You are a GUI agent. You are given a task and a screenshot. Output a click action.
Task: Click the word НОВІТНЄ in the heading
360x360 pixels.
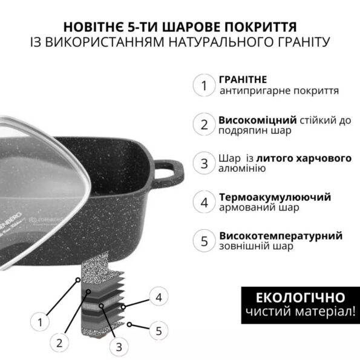click(93, 27)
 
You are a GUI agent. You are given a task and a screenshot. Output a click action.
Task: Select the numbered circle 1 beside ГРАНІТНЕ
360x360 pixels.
click(204, 85)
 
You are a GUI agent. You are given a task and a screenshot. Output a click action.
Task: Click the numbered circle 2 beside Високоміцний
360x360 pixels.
click(204, 124)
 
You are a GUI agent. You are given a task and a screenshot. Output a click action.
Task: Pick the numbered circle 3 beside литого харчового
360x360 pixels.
click(204, 163)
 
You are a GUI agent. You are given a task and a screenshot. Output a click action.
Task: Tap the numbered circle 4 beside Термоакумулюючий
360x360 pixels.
click(204, 202)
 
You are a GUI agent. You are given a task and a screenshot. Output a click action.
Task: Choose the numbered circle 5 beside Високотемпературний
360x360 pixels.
click(204, 241)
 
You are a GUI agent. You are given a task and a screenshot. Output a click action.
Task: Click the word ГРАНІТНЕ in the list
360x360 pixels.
click(243, 80)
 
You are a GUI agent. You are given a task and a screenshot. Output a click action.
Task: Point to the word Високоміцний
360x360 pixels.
click(258, 120)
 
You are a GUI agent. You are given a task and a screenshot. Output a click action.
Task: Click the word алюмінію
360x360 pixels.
click(242, 168)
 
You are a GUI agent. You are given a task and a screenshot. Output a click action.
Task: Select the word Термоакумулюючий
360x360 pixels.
click(275, 197)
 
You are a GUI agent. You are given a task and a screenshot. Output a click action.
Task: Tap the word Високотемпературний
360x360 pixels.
click(281, 236)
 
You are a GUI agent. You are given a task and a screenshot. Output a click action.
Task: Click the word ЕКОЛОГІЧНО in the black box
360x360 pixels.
click(300, 298)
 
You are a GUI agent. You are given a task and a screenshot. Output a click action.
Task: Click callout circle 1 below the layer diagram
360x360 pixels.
click(40, 322)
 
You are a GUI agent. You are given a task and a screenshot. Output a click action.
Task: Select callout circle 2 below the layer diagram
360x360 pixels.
click(59, 343)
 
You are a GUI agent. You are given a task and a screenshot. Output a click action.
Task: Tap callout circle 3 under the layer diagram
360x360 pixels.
click(119, 347)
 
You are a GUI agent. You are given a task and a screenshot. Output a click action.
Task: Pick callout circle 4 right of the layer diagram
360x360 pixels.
click(159, 297)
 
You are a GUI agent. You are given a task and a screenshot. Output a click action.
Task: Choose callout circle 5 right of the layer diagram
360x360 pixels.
click(159, 330)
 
